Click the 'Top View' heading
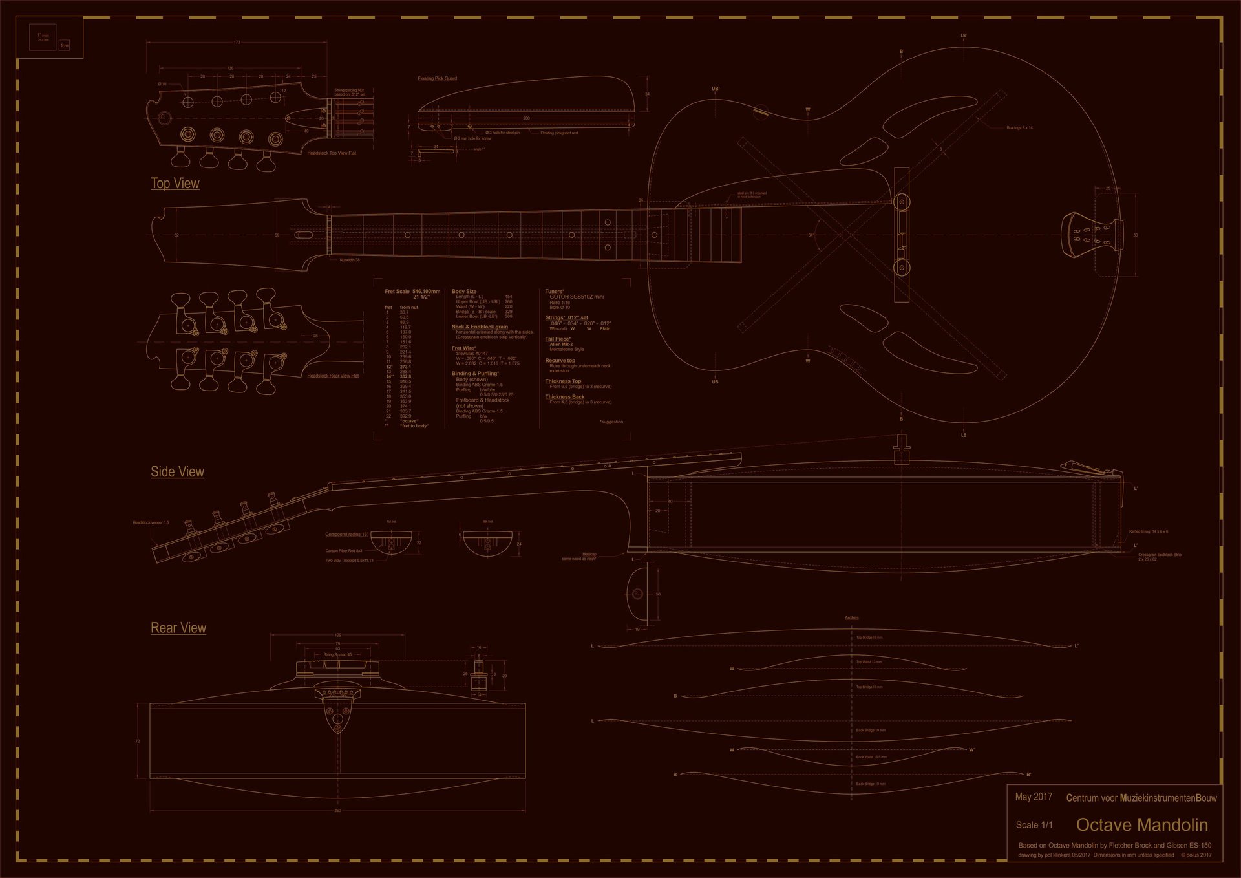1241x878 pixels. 175,184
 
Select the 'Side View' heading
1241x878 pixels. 177,472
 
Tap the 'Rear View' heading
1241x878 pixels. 178,628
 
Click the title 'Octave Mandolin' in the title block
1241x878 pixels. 1141,825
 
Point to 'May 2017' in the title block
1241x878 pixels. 1034,797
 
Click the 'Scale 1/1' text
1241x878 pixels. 1034,825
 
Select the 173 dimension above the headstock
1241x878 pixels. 237,43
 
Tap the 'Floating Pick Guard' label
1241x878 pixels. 437,79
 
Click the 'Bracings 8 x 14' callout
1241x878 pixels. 1019,128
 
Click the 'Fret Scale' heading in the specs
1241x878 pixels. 398,292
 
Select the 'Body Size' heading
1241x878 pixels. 464,292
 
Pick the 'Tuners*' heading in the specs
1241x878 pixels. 555,292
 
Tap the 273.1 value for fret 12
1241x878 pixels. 405,367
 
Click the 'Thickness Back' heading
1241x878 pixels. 564,397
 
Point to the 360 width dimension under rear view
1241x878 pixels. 337,810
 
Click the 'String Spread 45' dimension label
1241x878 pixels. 337,655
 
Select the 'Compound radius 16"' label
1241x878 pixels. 346,535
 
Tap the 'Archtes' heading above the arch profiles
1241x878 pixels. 851,618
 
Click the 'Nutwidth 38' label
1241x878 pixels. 350,260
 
